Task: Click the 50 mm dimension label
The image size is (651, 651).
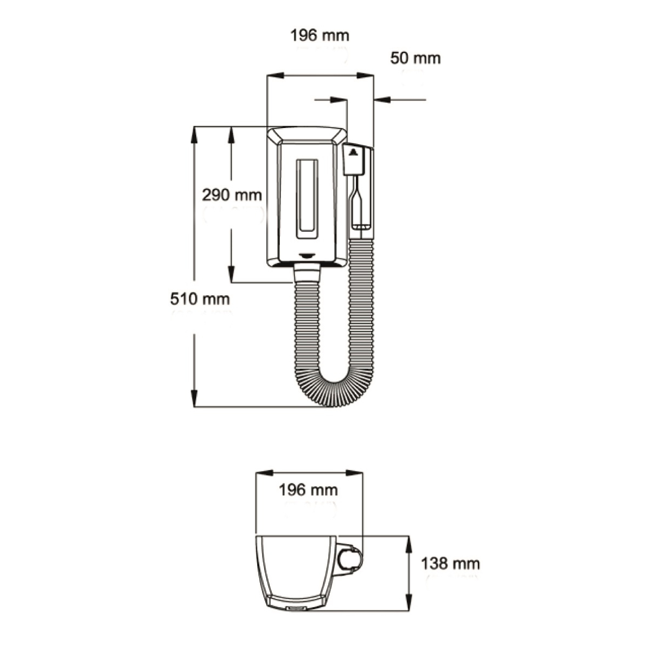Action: [415, 59]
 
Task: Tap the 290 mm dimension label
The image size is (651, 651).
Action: [232, 195]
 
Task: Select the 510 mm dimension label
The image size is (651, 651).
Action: [200, 299]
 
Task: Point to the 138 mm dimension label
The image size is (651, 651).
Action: [450, 564]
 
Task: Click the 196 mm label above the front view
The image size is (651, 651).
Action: [320, 35]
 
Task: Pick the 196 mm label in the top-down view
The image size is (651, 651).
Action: [308, 490]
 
